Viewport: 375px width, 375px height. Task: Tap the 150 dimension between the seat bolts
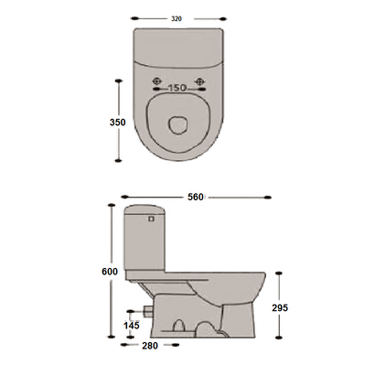(177, 89)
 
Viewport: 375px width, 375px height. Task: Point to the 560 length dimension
(195, 197)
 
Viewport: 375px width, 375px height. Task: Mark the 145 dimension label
(132, 325)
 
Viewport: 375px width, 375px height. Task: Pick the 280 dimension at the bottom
(150, 346)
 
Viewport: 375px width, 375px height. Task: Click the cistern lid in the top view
(177, 46)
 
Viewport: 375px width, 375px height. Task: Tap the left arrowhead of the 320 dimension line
(134, 16)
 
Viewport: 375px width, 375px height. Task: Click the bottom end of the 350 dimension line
(119, 160)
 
